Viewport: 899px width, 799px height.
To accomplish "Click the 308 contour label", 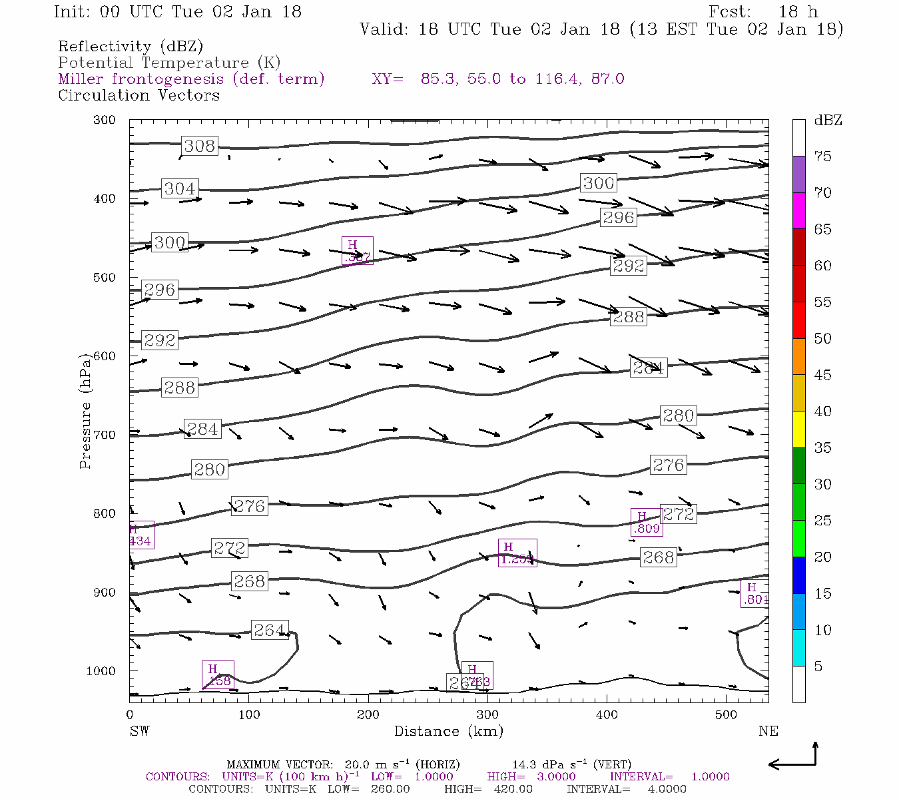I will [x=199, y=146].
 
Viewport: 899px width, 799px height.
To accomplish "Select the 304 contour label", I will [x=179, y=188].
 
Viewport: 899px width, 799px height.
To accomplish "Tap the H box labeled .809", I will [x=646, y=523].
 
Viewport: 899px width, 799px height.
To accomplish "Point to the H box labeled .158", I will [x=218, y=675].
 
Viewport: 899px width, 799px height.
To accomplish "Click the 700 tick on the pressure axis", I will [x=105, y=435].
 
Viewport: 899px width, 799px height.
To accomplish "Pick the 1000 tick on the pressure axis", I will [x=101, y=671].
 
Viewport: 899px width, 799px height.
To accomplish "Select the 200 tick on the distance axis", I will [x=368, y=715].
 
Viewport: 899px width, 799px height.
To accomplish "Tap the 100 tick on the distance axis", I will [x=249, y=715].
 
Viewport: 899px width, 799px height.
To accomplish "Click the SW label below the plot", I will [x=139, y=731].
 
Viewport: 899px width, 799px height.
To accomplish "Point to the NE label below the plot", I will [x=768, y=731].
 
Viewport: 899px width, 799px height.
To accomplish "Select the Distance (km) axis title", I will [x=448, y=731].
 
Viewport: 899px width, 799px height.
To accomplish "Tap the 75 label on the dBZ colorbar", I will [x=822, y=156].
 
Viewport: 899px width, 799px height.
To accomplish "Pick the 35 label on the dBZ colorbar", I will [x=822, y=447].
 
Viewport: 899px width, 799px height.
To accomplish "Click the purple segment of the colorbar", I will [x=798, y=174].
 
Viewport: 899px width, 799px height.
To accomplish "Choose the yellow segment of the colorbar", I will [x=798, y=429].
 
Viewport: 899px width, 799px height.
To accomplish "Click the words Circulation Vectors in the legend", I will [x=139, y=95].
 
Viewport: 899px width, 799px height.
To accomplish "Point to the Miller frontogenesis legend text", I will [x=191, y=79].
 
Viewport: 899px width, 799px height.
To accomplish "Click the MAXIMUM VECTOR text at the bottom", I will [x=280, y=764].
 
